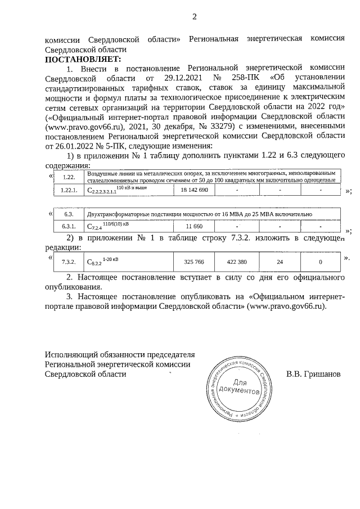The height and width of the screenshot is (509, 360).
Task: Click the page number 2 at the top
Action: pyautogui.click(x=194, y=16)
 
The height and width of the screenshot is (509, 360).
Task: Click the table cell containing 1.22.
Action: pyautogui.click(x=69, y=177)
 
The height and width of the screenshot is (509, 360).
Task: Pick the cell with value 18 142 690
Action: pyautogui.click(x=194, y=191)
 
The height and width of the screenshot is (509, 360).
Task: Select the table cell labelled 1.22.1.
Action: pyautogui.click(x=69, y=191)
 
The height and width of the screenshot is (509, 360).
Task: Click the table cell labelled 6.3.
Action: pyautogui.click(x=69, y=214)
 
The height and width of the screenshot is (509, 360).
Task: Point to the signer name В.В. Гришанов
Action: pyautogui.click(x=313, y=373)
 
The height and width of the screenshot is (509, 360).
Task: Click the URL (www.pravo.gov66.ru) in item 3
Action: pyautogui.click(x=286, y=307)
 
